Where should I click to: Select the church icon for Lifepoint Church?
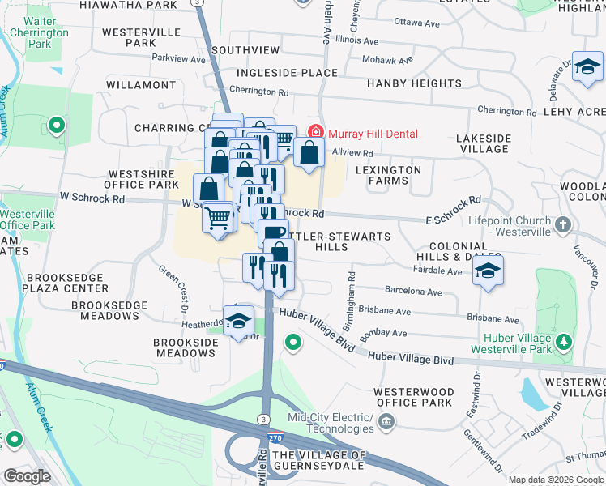click(x=564, y=224)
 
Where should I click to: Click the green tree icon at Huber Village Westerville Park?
click(x=564, y=343)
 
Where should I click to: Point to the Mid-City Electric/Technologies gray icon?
click(x=386, y=421)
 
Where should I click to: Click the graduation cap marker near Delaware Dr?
click(x=587, y=68)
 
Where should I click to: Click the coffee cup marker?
click(x=274, y=233)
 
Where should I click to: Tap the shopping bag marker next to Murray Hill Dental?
click(x=309, y=152)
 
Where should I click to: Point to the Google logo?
click(x=27, y=475)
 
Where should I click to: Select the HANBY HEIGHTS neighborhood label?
click(x=413, y=83)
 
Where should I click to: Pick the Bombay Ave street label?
click(x=388, y=333)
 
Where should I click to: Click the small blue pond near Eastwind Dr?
click(x=535, y=394)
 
